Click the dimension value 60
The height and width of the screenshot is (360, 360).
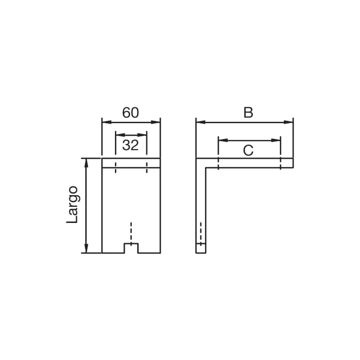pyautogui.click(x=130, y=112)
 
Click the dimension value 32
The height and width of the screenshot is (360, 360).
pyautogui.click(x=130, y=145)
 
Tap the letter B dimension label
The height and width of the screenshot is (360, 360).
pyautogui.click(x=248, y=112)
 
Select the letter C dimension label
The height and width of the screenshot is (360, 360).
pyautogui.click(x=248, y=151)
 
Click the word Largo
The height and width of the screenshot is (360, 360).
pyautogui.click(x=72, y=204)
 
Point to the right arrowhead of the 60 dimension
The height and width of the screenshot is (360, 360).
pyautogui.click(x=155, y=122)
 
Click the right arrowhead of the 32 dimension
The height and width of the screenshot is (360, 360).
pyautogui.click(x=142, y=135)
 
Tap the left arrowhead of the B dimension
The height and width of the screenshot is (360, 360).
pyautogui.click(x=201, y=122)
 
